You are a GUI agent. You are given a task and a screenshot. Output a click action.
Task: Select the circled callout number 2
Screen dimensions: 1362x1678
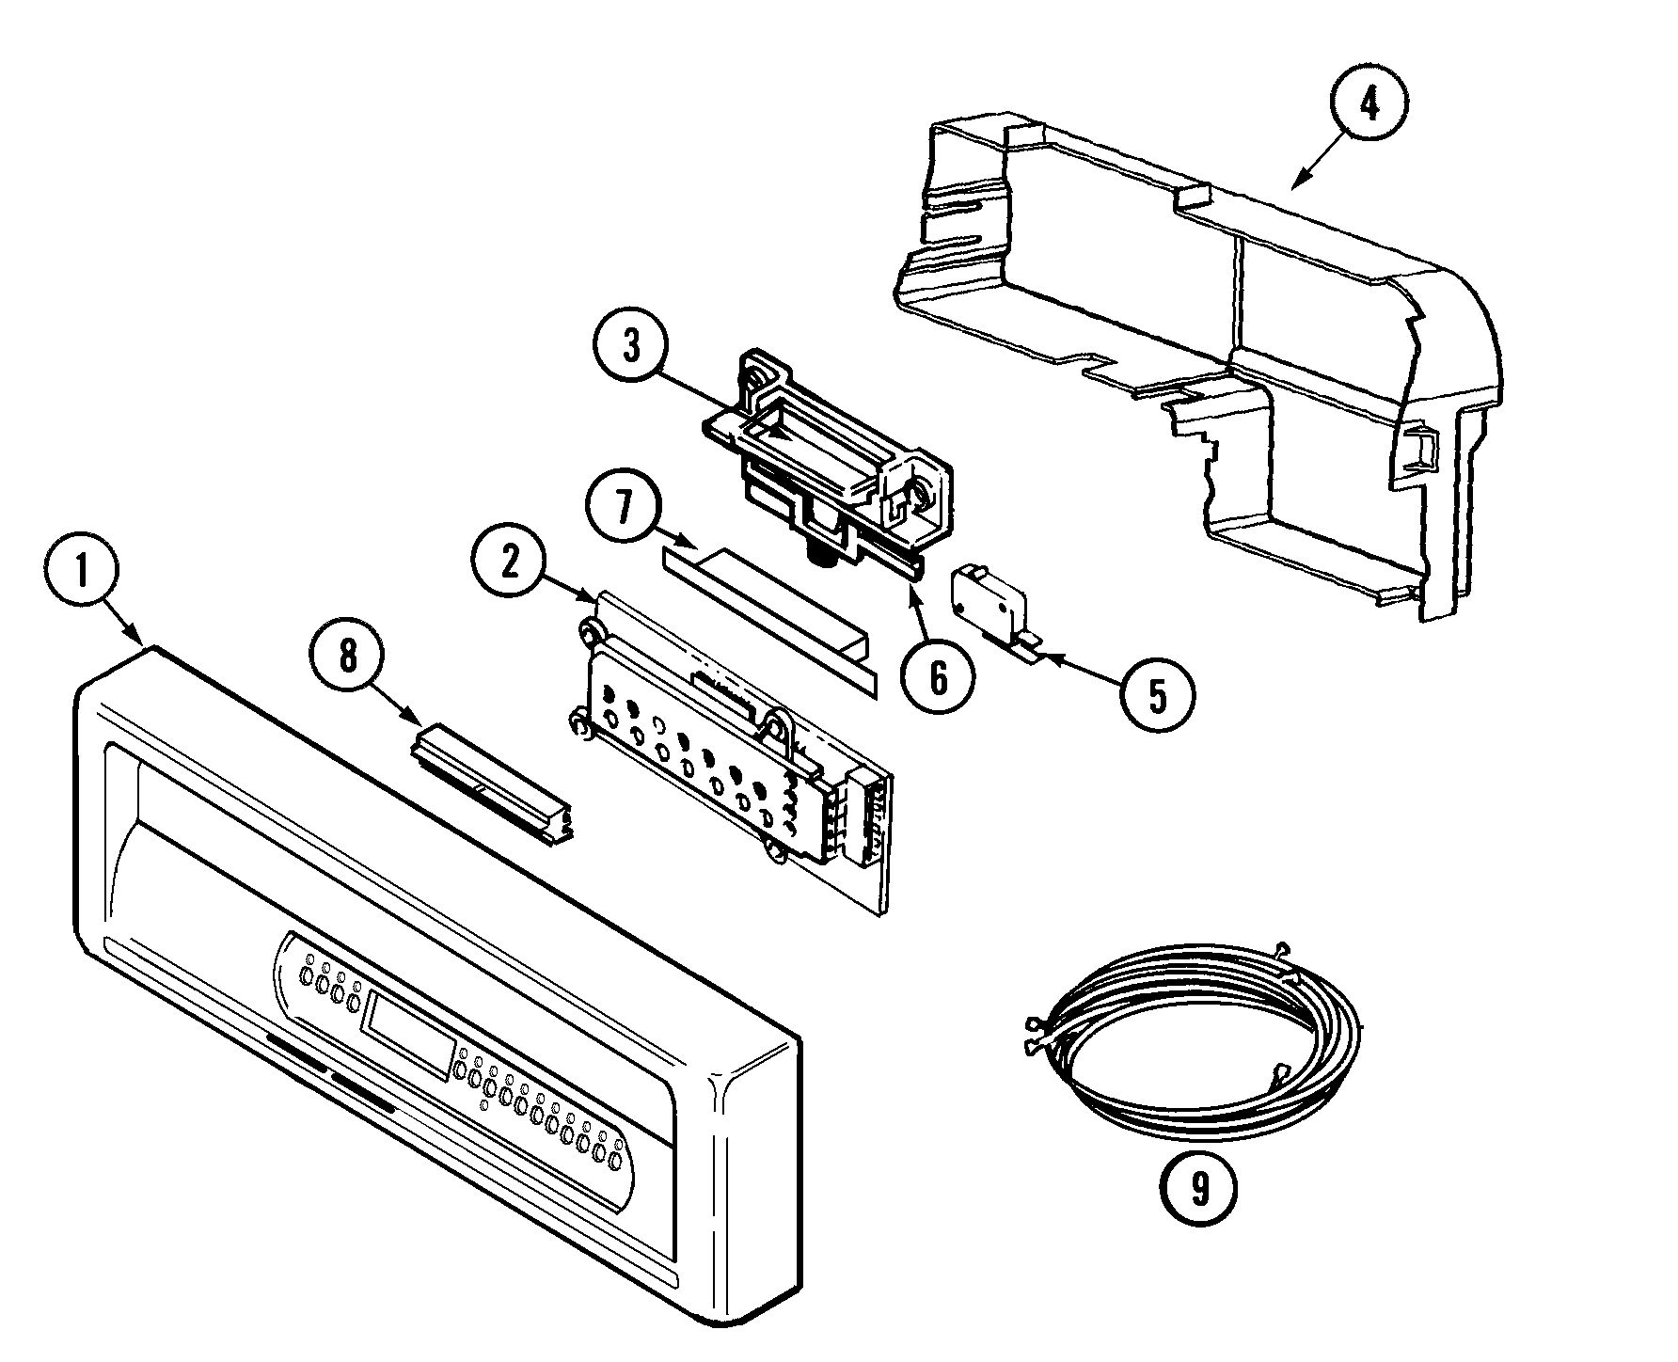509,561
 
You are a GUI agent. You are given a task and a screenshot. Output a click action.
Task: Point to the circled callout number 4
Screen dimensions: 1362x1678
1369,106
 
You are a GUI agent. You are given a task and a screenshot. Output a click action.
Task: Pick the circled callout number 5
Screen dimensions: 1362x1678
1156,696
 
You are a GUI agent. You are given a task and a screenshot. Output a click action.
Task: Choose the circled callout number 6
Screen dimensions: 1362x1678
937,676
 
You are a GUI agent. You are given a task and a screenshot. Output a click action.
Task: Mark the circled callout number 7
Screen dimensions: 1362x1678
624,511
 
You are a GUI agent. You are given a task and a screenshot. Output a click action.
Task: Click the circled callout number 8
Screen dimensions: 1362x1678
349,657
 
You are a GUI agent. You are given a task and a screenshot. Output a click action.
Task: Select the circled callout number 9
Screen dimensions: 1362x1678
1198,1190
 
